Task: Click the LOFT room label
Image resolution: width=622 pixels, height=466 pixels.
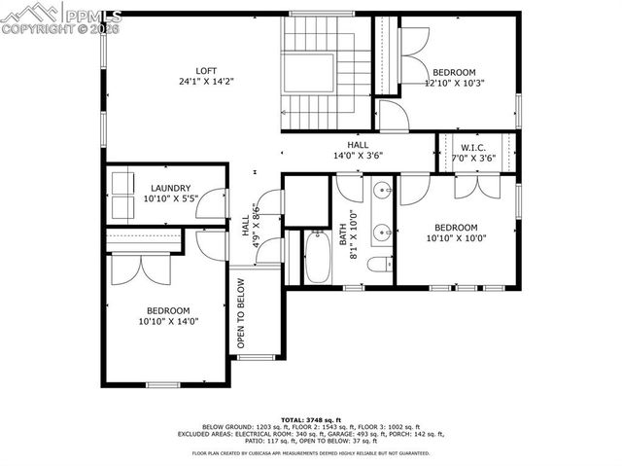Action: click(x=205, y=70)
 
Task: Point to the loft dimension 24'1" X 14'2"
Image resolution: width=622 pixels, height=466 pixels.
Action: click(x=205, y=83)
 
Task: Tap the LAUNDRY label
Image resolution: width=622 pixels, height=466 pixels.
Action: click(x=170, y=188)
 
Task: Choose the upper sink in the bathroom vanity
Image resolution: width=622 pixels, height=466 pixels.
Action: click(x=383, y=190)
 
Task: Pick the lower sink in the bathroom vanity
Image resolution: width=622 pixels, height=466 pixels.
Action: click(x=383, y=232)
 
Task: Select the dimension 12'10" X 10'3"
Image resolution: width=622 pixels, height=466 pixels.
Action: click(x=454, y=84)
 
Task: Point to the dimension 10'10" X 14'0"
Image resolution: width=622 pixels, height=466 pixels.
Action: click(x=167, y=321)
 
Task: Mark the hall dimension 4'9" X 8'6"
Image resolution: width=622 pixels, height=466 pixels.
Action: click(x=255, y=226)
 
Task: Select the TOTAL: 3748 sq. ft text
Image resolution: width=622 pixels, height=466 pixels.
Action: click(x=310, y=418)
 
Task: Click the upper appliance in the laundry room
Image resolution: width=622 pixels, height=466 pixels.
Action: click(x=124, y=183)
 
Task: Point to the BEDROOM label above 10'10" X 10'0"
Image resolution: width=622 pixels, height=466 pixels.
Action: click(x=455, y=226)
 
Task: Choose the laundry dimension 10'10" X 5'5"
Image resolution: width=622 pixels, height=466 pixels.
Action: click(x=170, y=199)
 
